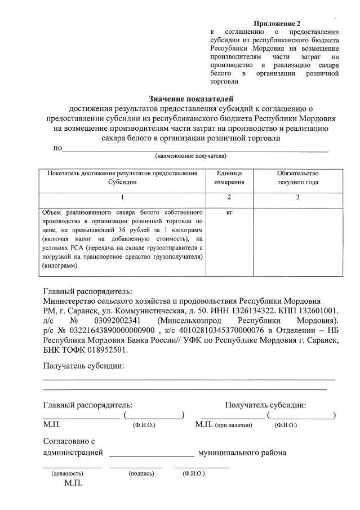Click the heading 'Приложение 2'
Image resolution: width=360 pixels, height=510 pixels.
(277, 24)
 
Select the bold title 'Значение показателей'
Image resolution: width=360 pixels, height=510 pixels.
(190, 99)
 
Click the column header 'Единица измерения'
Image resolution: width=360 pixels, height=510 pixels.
(229, 178)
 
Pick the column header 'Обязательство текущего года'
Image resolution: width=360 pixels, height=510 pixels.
(297, 178)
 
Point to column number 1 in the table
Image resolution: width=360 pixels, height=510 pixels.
(122, 197)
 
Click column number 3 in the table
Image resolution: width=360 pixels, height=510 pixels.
(297, 197)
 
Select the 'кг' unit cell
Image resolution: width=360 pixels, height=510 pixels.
(229, 212)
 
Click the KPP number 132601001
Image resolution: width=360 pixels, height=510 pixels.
(314, 311)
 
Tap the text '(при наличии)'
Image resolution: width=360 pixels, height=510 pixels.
(232, 425)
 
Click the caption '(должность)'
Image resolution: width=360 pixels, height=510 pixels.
(67, 473)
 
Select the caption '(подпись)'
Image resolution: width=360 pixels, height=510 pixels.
(141, 473)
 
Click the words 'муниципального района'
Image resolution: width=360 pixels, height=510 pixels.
(242, 453)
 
